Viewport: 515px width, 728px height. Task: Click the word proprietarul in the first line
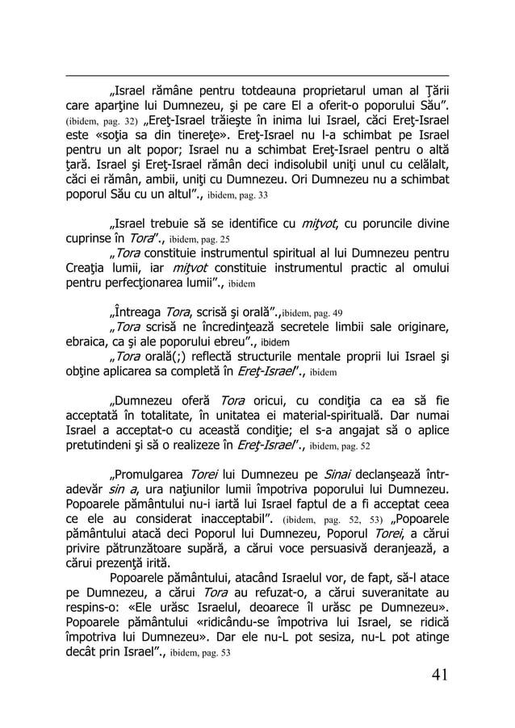[x=305, y=90]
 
